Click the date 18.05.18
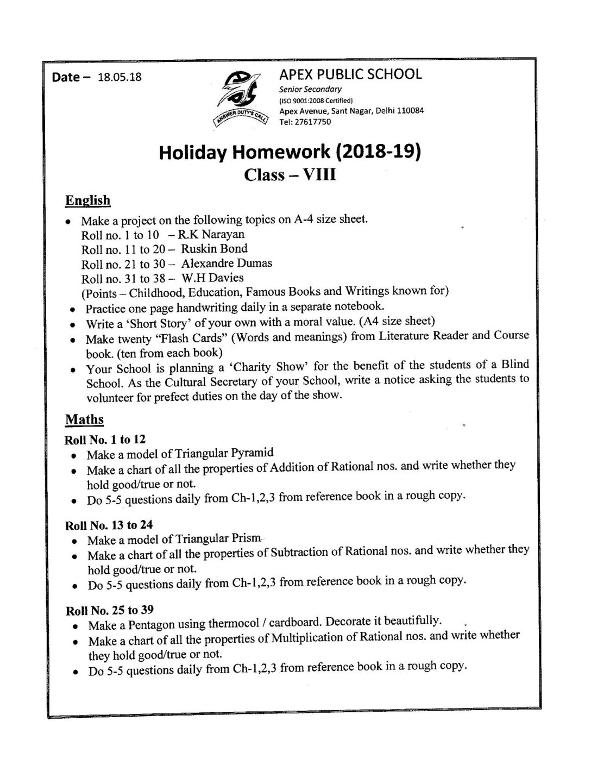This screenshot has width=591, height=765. (x=119, y=77)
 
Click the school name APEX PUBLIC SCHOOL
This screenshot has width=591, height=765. (x=350, y=74)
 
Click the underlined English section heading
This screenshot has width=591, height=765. (x=87, y=200)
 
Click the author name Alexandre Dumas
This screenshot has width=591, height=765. (x=227, y=264)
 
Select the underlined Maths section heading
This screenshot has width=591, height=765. (x=84, y=419)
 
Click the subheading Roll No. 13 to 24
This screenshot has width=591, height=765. (x=109, y=525)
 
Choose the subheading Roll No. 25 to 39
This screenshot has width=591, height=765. (x=109, y=610)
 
